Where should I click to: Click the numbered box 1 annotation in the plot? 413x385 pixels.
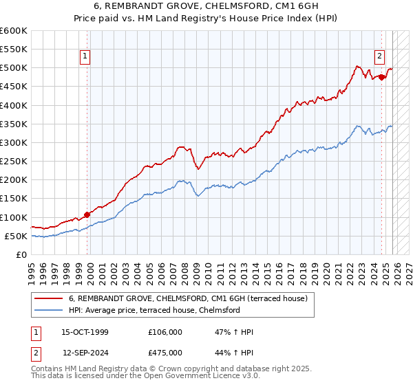(x=85, y=57)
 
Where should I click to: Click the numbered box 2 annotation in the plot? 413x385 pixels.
(x=379, y=57)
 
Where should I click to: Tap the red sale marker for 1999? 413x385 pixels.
(x=87, y=214)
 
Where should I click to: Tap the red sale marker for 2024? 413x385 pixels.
(x=382, y=77)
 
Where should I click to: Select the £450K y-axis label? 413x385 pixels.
(x=14, y=87)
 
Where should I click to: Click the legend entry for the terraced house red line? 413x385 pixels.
(x=191, y=298)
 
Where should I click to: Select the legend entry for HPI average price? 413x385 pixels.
(x=153, y=310)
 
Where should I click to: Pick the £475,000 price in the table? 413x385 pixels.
(x=165, y=353)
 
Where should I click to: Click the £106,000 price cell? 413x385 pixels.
(x=165, y=332)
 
